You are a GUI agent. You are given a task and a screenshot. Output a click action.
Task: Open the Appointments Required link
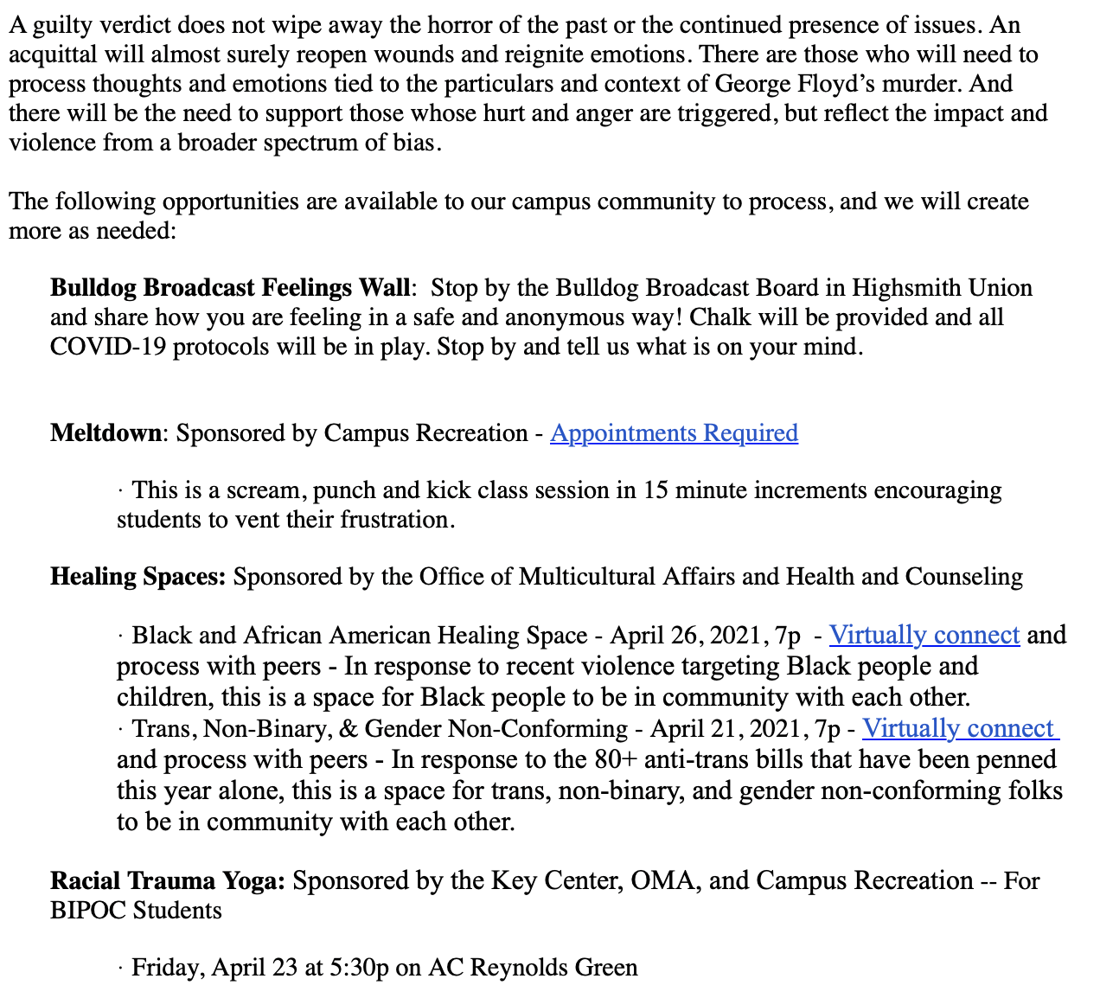[674, 432]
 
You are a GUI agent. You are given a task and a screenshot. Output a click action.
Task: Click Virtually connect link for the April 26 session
[924, 635]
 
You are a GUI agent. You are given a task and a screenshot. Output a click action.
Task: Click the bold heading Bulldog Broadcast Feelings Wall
[229, 287]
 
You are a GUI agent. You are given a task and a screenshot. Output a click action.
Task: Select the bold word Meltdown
[106, 432]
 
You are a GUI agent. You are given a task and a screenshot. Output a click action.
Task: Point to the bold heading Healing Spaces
[137, 576]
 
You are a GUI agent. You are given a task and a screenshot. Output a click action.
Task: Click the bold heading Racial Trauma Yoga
[167, 880]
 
